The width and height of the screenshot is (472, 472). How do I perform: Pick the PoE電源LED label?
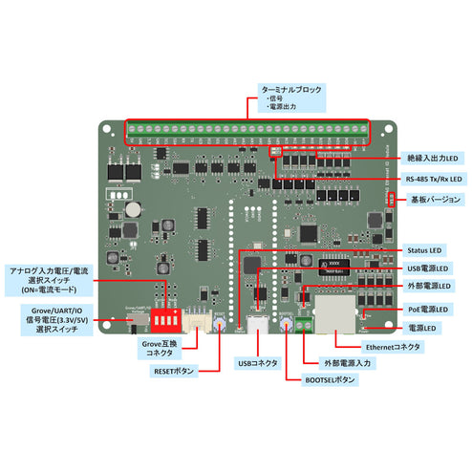coord(431,309)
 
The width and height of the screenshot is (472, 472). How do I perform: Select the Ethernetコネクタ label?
coord(393,347)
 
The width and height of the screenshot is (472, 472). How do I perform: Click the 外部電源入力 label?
coord(342,363)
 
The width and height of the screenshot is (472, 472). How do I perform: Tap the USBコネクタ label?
coord(257,363)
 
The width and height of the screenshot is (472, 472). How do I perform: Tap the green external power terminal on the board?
coord(303,323)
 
